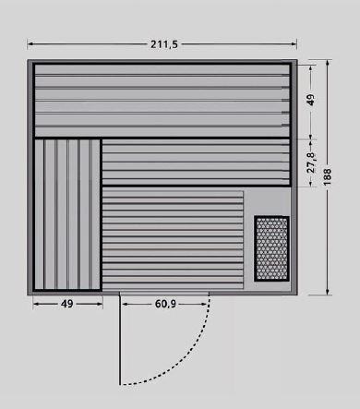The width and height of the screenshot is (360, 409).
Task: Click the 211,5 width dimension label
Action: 164,44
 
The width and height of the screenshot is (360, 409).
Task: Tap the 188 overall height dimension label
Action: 328,176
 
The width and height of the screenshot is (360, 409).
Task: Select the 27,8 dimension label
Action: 311,162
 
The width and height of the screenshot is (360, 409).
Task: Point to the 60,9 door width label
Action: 165,304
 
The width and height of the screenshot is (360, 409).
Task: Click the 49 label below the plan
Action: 67,304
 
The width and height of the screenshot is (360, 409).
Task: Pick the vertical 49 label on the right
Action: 311,100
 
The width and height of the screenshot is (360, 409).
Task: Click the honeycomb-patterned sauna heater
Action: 271,248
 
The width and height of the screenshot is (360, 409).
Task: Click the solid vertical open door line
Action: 120,339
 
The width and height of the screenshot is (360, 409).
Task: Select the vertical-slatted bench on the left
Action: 67,215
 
